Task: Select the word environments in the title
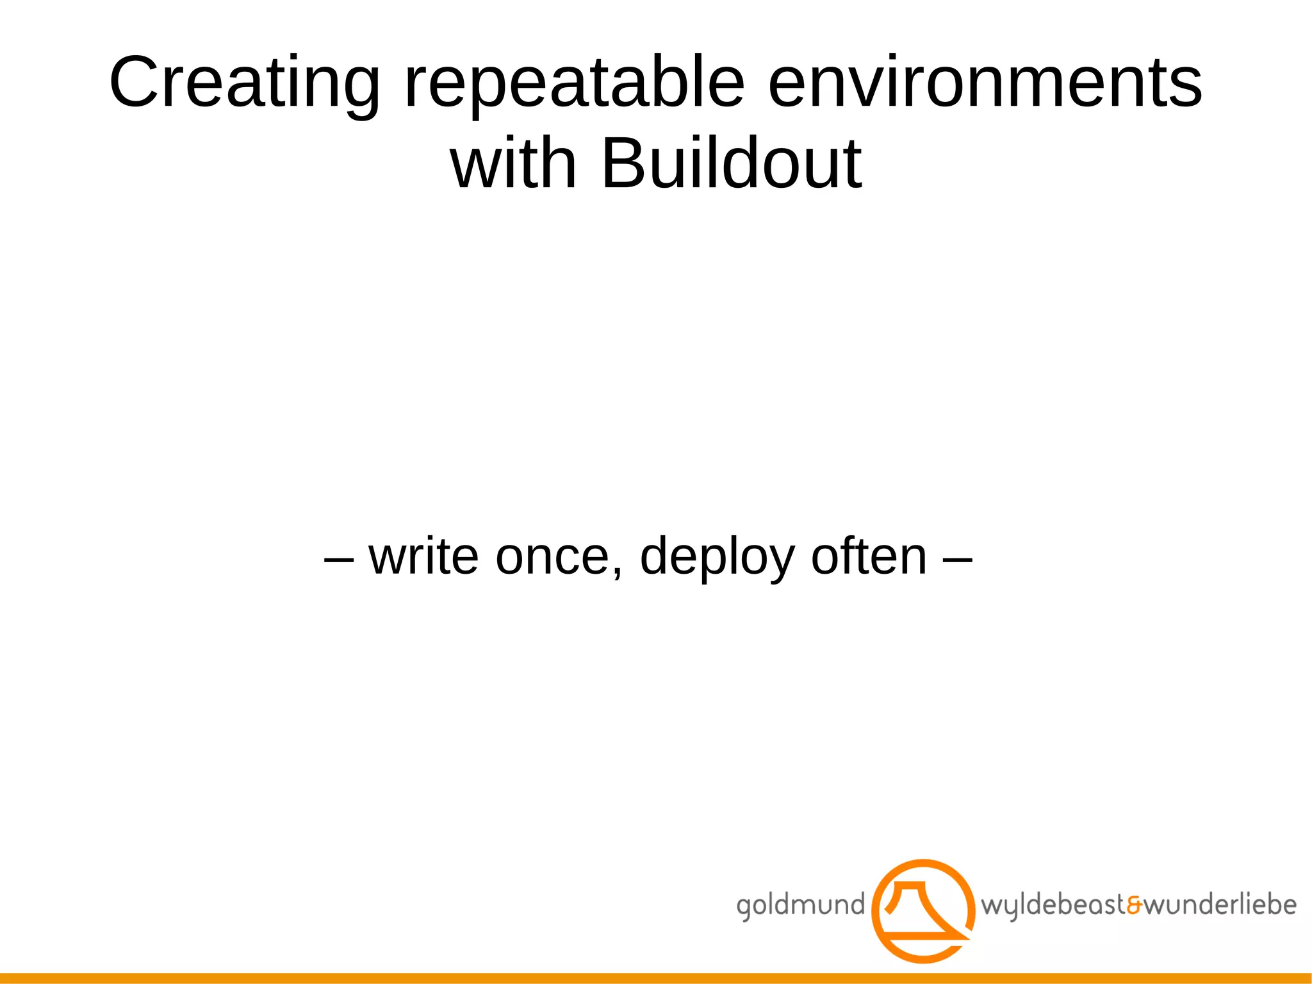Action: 985,83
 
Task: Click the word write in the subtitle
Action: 423,556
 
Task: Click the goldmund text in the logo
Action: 800,906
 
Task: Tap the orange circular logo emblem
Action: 923,911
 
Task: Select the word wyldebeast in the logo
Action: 1053,906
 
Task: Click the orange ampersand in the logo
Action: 1134,906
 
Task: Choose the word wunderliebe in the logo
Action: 1220,905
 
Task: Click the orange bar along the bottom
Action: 656,978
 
